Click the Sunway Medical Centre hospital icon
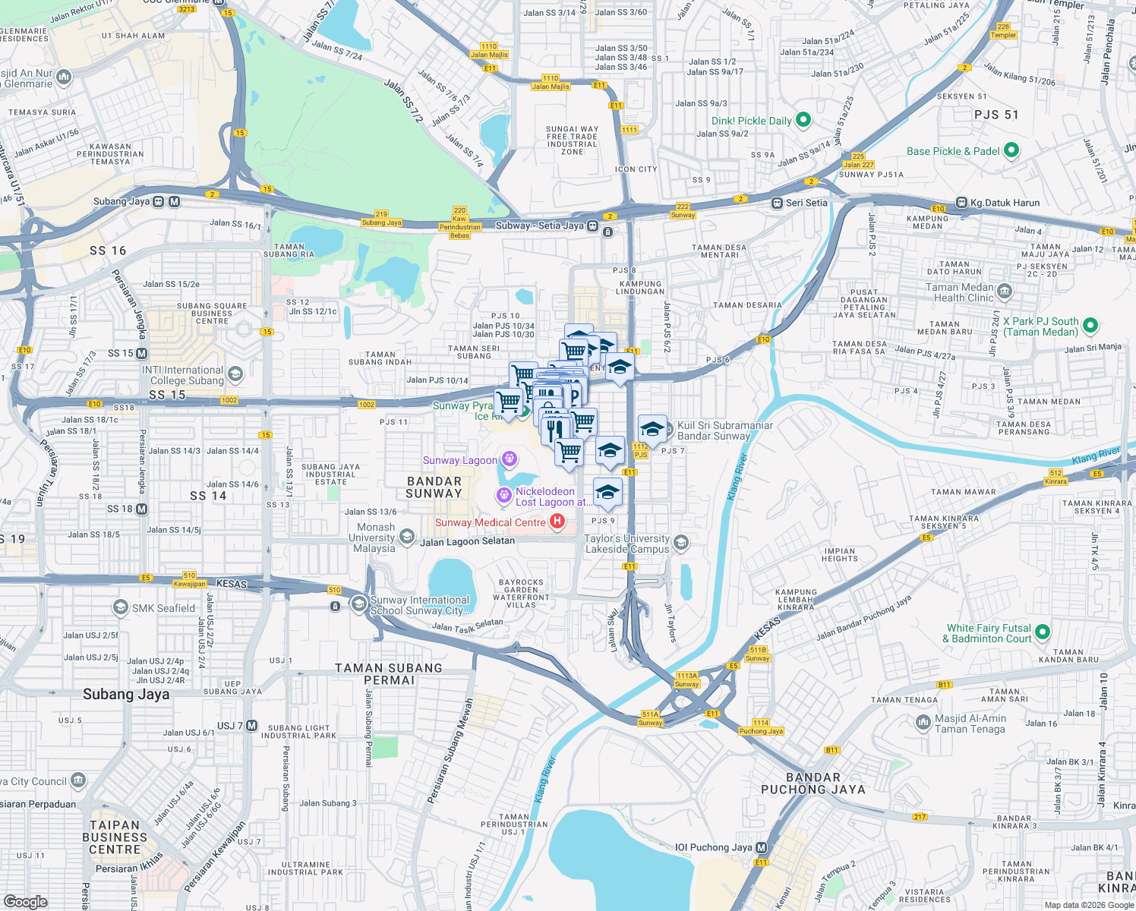click(x=557, y=522)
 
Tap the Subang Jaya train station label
click(x=121, y=201)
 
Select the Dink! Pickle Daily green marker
click(x=803, y=120)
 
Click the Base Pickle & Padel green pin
click(x=1011, y=150)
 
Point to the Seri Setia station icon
click(x=777, y=203)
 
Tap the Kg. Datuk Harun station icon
click(x=962, y=203)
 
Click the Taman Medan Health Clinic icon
click(x=1005, y=292)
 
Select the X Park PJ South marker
click(x=1090, y=326)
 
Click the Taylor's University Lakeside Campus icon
click(x=681, y=542)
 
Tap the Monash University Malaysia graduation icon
click(x=406, y=537)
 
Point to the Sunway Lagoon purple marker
click(x=510, y=459)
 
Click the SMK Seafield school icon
click(x=120, y=607)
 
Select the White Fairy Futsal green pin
click(x=1042, y=632)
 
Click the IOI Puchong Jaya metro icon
click(x=762, y=847)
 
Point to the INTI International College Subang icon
click(x=235, y=374)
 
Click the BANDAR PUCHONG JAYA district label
click(x=813, y=783)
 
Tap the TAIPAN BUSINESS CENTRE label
click(x=115, y=837)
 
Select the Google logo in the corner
click(x=25, y=901)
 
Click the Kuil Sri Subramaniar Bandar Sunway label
click(x=724, y=430)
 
